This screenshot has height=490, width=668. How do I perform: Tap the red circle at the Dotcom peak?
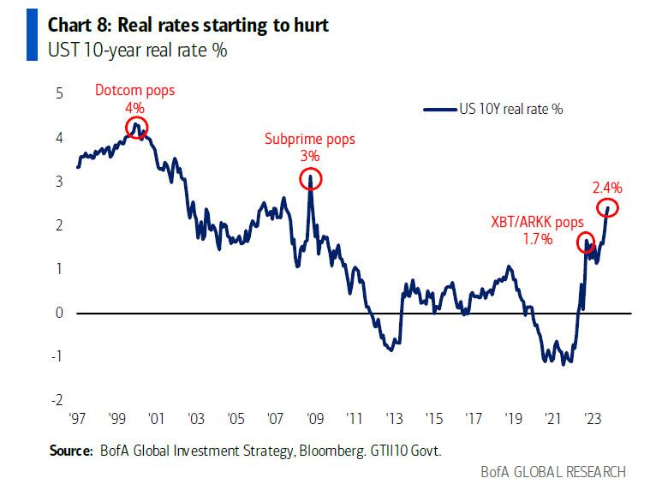point(135,128)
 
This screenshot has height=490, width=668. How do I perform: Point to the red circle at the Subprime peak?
point(311,178)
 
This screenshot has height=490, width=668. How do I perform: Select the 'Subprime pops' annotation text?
point(310,139)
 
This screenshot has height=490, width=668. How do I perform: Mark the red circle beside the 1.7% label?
point(587,242)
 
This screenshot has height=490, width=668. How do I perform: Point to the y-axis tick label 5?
point(60,93)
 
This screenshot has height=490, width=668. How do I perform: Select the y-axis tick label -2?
point(57,400)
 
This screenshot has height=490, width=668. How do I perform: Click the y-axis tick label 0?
point(60,313)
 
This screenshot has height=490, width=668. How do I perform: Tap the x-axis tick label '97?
point(77,420)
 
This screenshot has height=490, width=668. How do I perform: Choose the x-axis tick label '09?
point(314,420)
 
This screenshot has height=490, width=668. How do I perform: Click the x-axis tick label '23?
point(592,420)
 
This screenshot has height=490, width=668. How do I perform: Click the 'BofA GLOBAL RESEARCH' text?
point(554,471)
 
